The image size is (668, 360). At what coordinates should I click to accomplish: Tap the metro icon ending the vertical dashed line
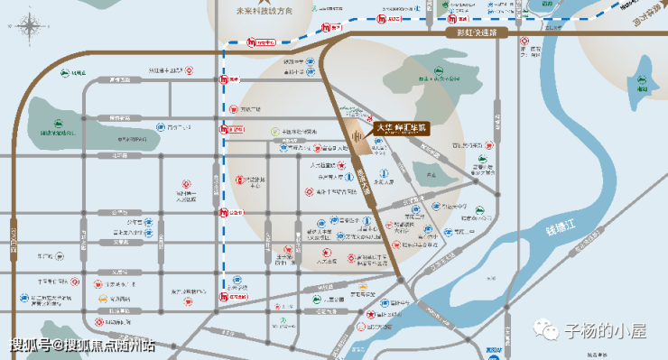(x=224, y=296)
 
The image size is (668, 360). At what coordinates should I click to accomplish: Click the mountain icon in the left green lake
(x=59, y=125)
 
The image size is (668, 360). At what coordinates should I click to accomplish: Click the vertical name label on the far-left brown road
(x=14, y=244)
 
